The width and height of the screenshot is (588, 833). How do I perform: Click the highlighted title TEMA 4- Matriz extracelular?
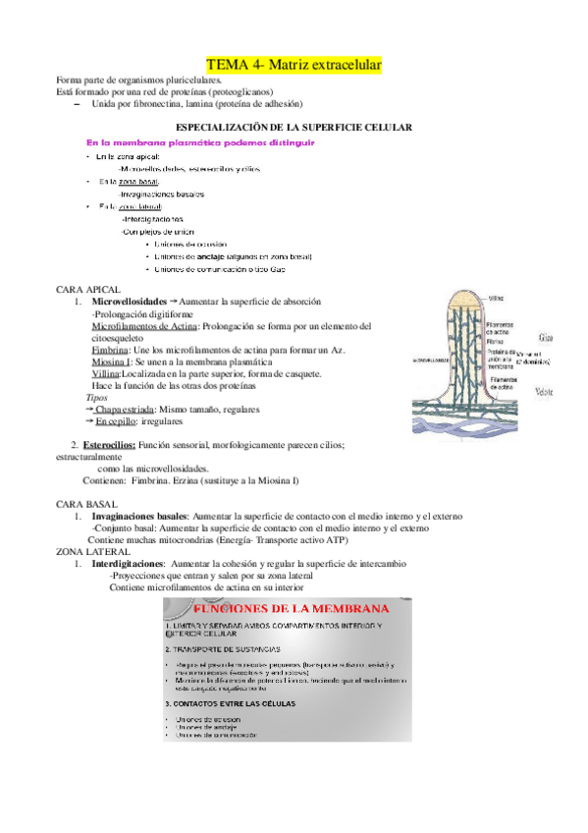click(294, 64)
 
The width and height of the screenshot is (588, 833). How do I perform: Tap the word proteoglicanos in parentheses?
click(228, 92)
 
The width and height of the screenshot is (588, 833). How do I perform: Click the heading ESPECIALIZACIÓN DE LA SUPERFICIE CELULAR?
click(293, 128)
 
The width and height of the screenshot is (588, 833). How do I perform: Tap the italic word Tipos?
click(97, 398)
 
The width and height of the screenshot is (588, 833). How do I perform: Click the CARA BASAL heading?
click(87, 504)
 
